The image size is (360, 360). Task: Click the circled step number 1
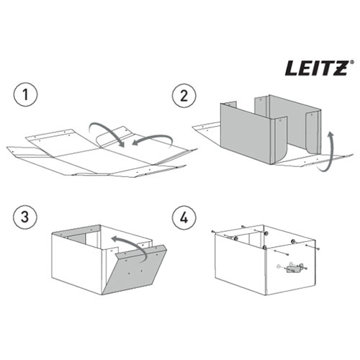(25, 94)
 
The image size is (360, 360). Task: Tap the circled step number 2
(184, 96)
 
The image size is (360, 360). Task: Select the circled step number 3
(25, 217)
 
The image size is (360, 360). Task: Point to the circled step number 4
(184, 217)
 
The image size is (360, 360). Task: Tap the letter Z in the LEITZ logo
(338, 68)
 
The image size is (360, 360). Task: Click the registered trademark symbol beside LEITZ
(351, 62)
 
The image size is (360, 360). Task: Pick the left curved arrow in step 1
(107, 131)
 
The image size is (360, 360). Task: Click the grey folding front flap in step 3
(134, 269)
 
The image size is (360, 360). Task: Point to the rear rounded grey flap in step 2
(312, 132)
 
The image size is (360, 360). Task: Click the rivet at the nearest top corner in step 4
(264, 248)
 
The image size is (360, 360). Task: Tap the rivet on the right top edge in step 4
(292, 241)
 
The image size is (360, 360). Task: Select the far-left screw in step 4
(212, 232)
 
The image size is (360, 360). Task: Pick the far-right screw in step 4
(318, 248)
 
